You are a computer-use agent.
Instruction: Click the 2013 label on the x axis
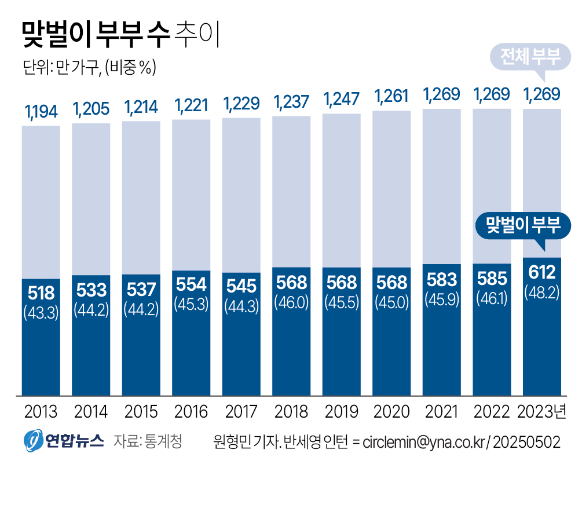[x=41, y=412]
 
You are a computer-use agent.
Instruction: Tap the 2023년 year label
[x=542, y=412]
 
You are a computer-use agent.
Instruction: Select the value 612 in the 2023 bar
[x=542, y=272]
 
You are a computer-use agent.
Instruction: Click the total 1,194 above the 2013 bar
[x=41, y=111]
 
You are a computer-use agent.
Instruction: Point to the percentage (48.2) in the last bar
[x=542, y=293]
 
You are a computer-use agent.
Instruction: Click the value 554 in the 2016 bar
[x=191, y=284]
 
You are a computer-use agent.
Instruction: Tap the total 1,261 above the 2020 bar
[x=391, y=95]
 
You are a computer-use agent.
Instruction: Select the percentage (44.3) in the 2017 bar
[x=241, y=305]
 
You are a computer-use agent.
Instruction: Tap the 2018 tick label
[x=291, y=412]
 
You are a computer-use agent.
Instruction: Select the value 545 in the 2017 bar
[x=241, y=286]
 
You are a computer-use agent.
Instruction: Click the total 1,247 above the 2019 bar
[x=342, y=98]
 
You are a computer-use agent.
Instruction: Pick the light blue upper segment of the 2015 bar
[x=141, y=197]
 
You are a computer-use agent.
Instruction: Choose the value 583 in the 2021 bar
[x=442, y=280]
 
